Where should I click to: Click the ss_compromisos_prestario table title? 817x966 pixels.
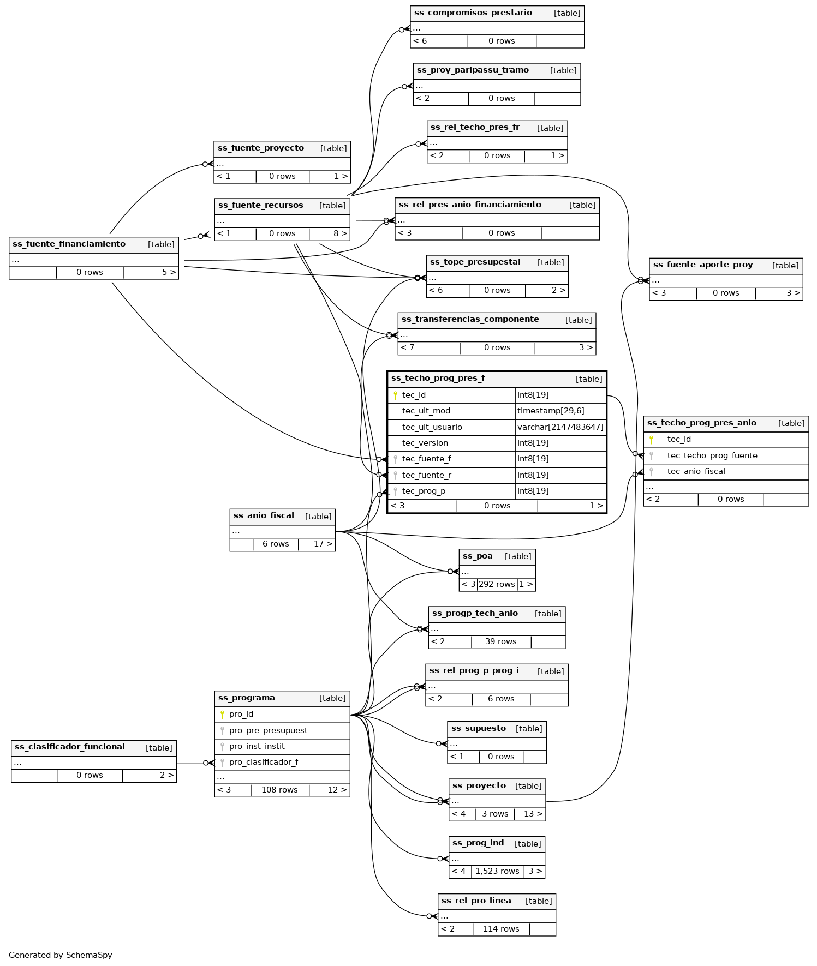[x=473, y=13]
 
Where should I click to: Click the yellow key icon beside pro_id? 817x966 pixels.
[x=222, y=715]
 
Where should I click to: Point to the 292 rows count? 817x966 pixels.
[x=497, y=584]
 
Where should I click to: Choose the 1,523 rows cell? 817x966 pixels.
[x=497, y=871]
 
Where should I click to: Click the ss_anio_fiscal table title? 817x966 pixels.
[x=264, y=515]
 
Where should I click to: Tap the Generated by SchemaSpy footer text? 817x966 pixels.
[x=61, y=955]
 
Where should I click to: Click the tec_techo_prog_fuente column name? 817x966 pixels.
[x=712, y=455]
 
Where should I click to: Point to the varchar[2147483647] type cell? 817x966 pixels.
[x=560, y=427]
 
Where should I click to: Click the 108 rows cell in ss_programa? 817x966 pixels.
[x=279, y=790]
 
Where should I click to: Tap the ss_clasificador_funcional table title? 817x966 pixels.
[x=70, y=747]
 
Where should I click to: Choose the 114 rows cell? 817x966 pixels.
[x=501, y=929]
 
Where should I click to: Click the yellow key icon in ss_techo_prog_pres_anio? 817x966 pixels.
[x=651, y=440]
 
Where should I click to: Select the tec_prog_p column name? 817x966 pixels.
[x=424, y=491]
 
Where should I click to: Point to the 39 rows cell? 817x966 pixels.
[x=500, y=641]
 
